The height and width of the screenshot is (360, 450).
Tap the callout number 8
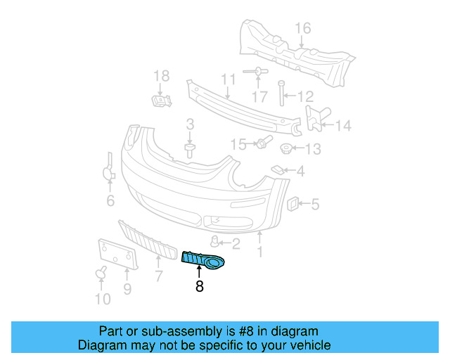click(200, 286)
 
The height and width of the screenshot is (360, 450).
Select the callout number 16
click(302, 29)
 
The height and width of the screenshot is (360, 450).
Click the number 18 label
click(161, 76)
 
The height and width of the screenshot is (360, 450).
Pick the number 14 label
click(342, 127)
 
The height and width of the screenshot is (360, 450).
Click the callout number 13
click(313, 149)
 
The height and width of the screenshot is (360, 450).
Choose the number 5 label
click(314, 205)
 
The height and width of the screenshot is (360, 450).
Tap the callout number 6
click(110, 202)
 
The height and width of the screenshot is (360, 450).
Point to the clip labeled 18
click(161, 101)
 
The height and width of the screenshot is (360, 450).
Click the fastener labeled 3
click(189, 149)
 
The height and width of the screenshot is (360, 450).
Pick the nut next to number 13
click(287, 149)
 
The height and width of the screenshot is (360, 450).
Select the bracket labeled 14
click(314, 118)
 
